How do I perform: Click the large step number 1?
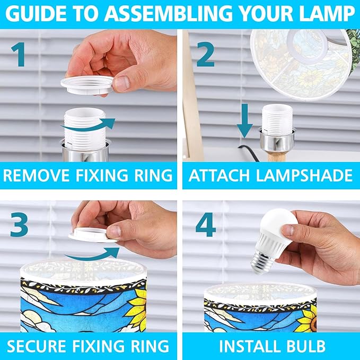click(x=19, y=55)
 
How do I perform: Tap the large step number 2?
click(x=206, y=55)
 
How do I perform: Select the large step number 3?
click(x=19, y=225)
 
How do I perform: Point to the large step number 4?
click(x=206, y=225)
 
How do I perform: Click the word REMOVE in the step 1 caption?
click(x=37, y=175)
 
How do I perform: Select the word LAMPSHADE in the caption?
click(x=304, y=175)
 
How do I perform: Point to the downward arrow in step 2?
click(x=245, y=120)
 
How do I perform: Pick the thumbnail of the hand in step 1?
click(x=122, y=84)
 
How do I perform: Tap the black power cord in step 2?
click(x=249, y=153)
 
